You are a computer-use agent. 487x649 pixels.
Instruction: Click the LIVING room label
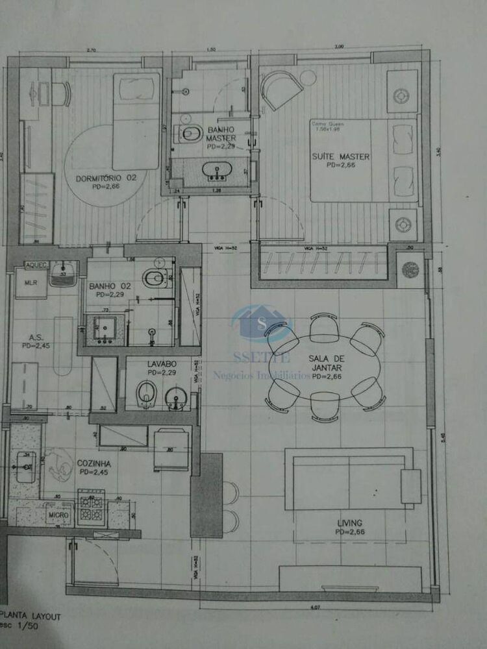click(x=349, y=523)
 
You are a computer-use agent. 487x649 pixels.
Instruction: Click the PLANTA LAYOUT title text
click(x=31, y=617)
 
